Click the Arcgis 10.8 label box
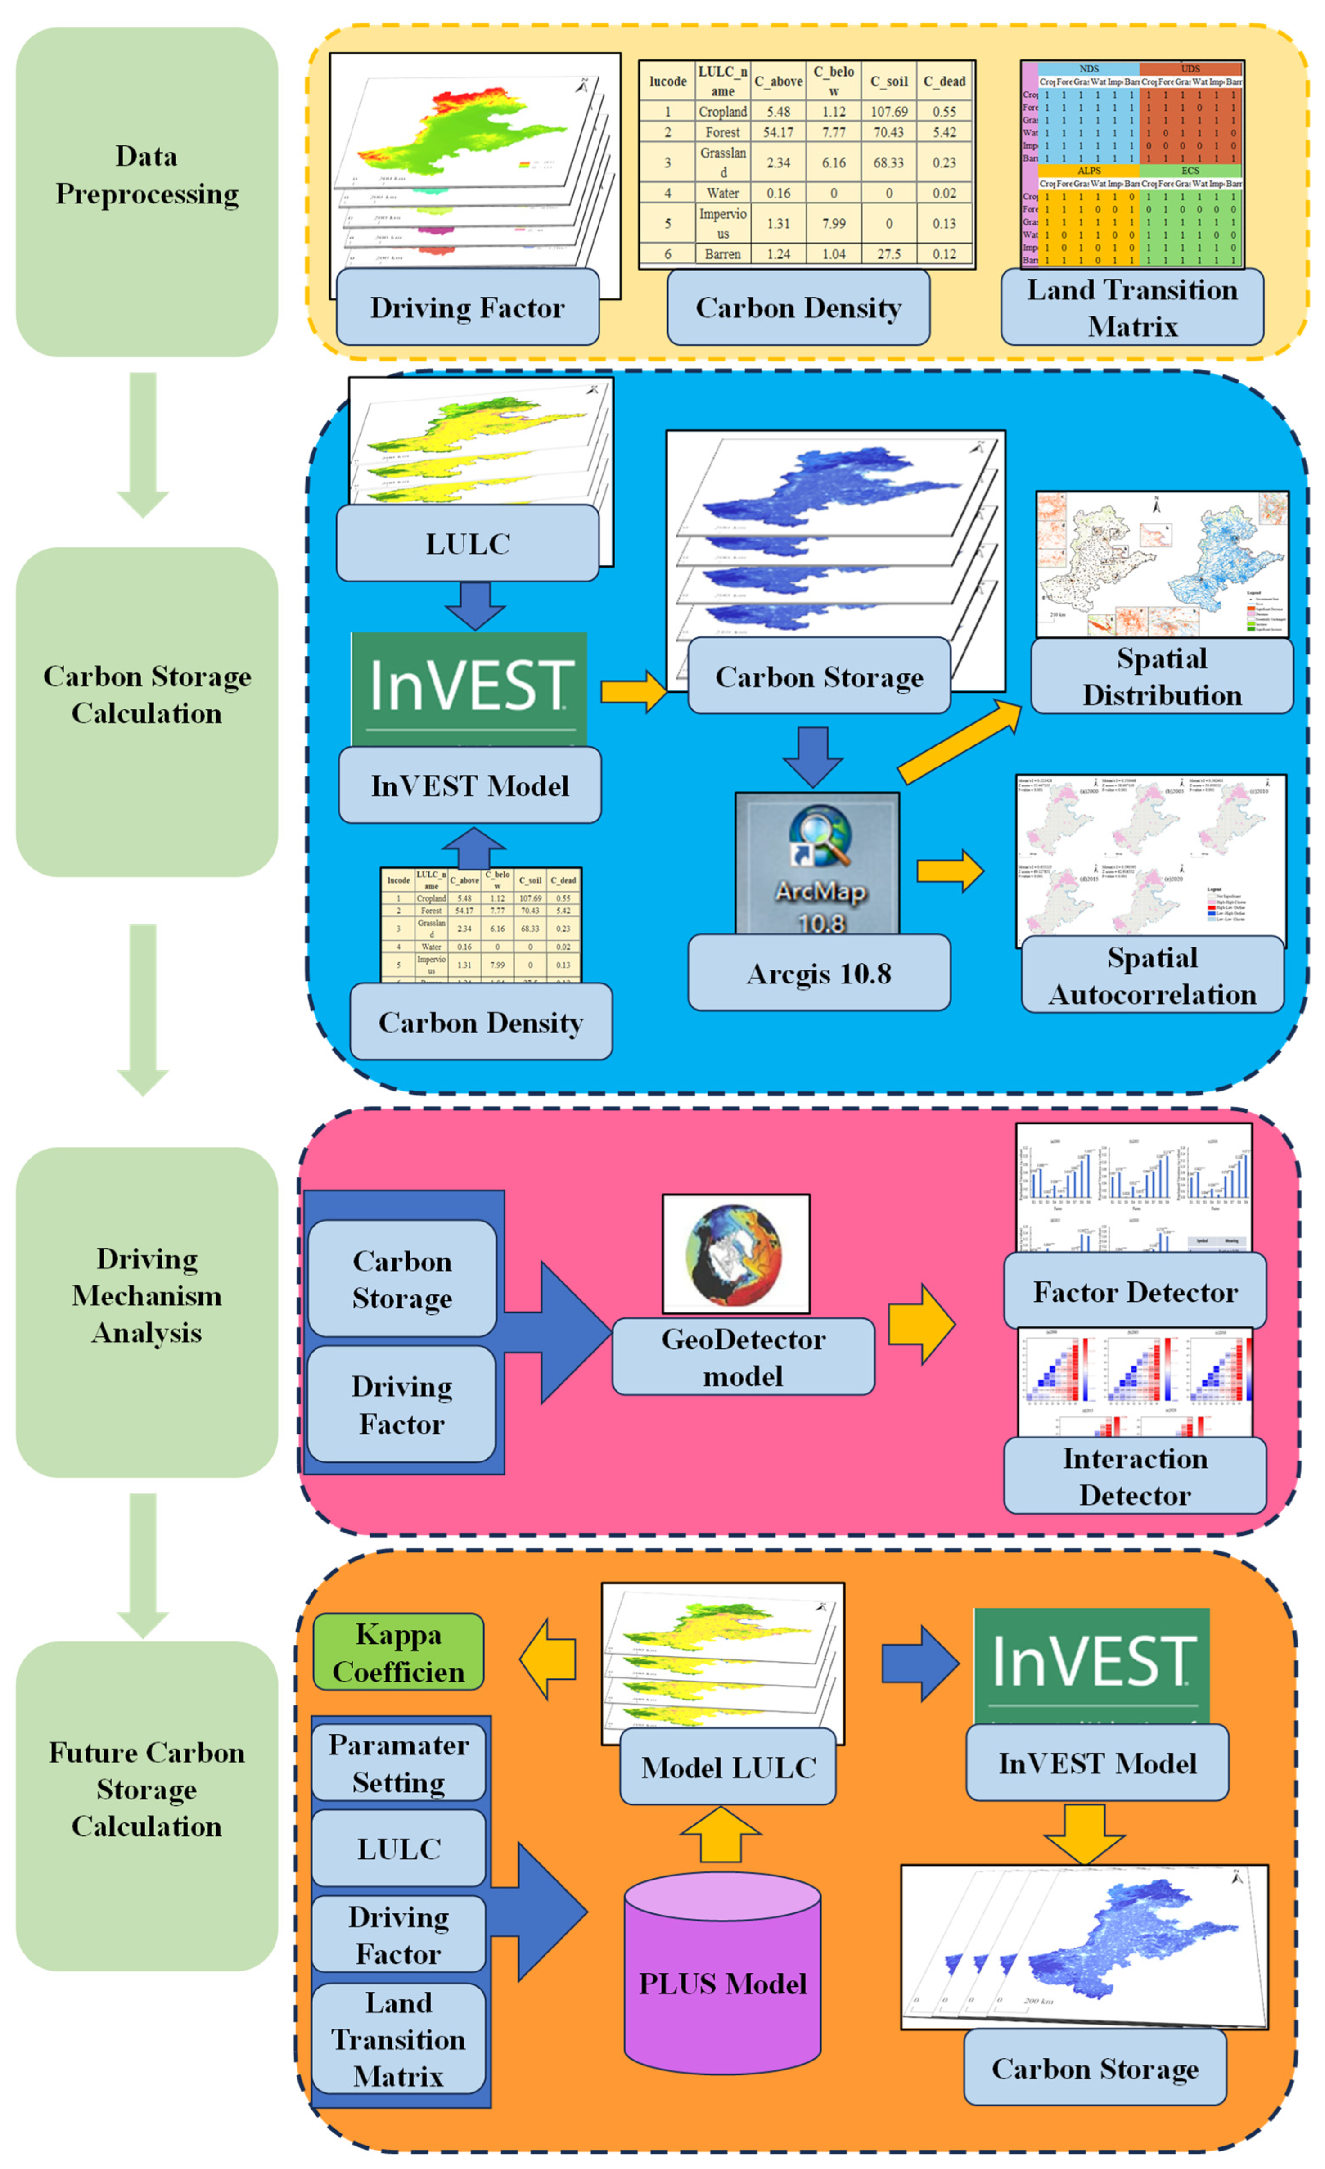819,973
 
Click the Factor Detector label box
1135,1291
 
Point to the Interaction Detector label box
1135,1476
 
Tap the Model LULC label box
728,1767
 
